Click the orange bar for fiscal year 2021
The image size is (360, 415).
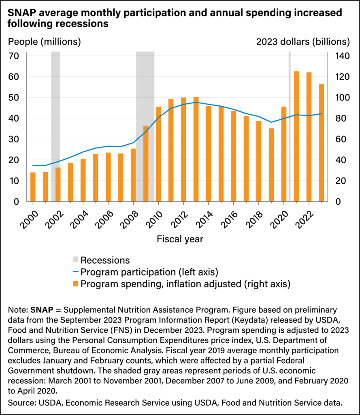pyautogui.click(x=296, y=137)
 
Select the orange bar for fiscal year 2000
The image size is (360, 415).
pyautogui.click(x=33, y=187)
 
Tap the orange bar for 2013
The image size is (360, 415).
pyautogui.click(x=196, y=149)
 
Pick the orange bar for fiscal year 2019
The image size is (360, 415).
pyautogui.click(x=271, y=165)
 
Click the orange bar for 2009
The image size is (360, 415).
pyautogui.click(x=146, y=164)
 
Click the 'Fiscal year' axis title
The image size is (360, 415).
pyautogui.click(x=180, y=239)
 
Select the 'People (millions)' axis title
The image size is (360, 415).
pyautogui.click(x=45, y=41)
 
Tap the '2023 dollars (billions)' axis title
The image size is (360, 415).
pyautogui.click(x=303, y=41)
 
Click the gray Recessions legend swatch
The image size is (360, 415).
pyautogui.click(x=75, y=260)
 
